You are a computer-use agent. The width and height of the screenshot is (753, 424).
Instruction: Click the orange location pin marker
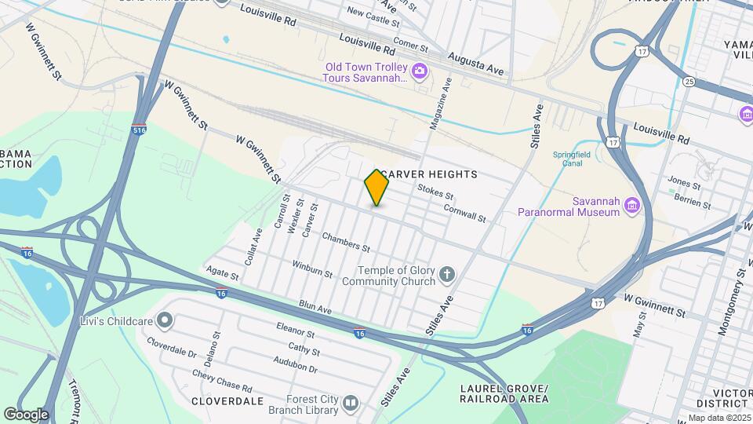(x=376, y=188)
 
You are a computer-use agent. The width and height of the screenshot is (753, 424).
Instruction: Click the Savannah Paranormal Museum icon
(x=632, y=207)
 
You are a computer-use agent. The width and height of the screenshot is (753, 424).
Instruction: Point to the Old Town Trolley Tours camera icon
(x=420, y=72)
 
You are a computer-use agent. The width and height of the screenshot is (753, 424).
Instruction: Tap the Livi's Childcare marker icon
(x=165, y=320)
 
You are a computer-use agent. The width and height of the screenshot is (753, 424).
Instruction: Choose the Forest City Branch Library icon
(x=350, y=404)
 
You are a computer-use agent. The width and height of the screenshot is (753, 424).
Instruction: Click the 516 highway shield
(x=140, y=129)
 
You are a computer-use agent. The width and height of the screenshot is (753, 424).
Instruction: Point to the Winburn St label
(x=312, y=269)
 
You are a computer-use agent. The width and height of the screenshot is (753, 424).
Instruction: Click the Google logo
(x=25, y=414)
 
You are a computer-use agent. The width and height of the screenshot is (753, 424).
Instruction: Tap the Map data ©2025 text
(x=719, y=418)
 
